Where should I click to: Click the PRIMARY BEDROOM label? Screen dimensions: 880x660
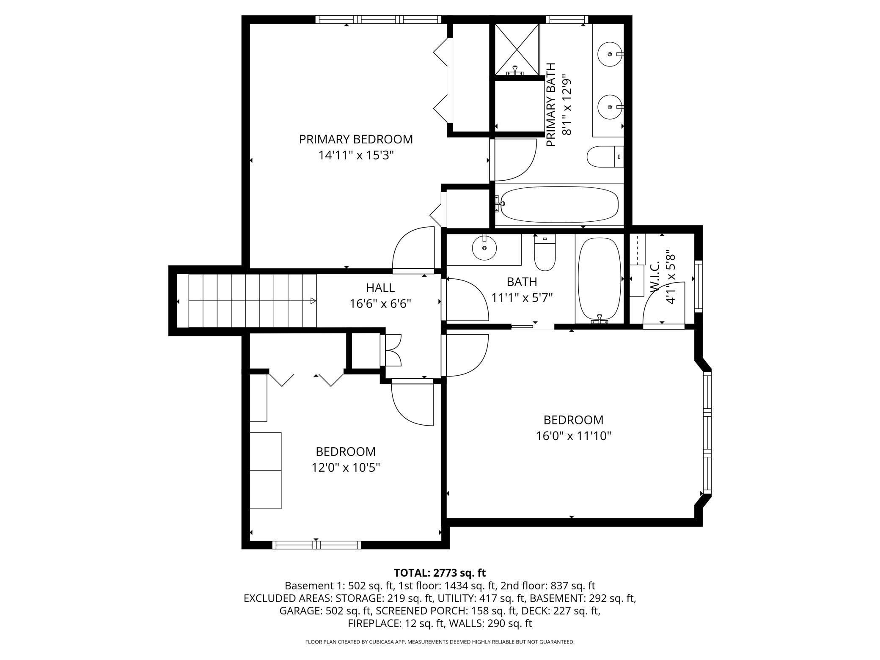356,139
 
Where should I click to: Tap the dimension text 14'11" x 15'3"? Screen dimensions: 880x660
356,155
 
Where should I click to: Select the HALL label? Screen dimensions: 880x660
380,288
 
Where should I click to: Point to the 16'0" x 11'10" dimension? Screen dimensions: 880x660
574,436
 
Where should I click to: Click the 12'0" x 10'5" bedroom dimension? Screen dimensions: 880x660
346,467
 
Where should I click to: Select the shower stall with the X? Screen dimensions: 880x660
517,49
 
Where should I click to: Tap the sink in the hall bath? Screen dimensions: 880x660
484,247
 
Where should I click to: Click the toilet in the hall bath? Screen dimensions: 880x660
545,253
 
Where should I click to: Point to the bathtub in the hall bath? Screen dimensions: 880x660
599,280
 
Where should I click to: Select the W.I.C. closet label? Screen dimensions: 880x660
654,276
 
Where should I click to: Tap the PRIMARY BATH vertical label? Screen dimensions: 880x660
551,105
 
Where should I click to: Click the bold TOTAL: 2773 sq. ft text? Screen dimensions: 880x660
440,573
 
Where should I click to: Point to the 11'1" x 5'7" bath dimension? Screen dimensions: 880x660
522,298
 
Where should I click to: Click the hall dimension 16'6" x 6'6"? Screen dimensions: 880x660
380,304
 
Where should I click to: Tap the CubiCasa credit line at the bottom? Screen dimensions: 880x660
440,642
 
